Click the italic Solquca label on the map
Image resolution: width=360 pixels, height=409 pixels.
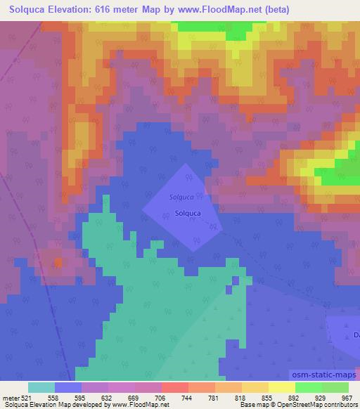point(181,197)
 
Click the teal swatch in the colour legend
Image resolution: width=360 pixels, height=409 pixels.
point(41,387)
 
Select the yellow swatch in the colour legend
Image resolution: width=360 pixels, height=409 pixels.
point(281,387)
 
